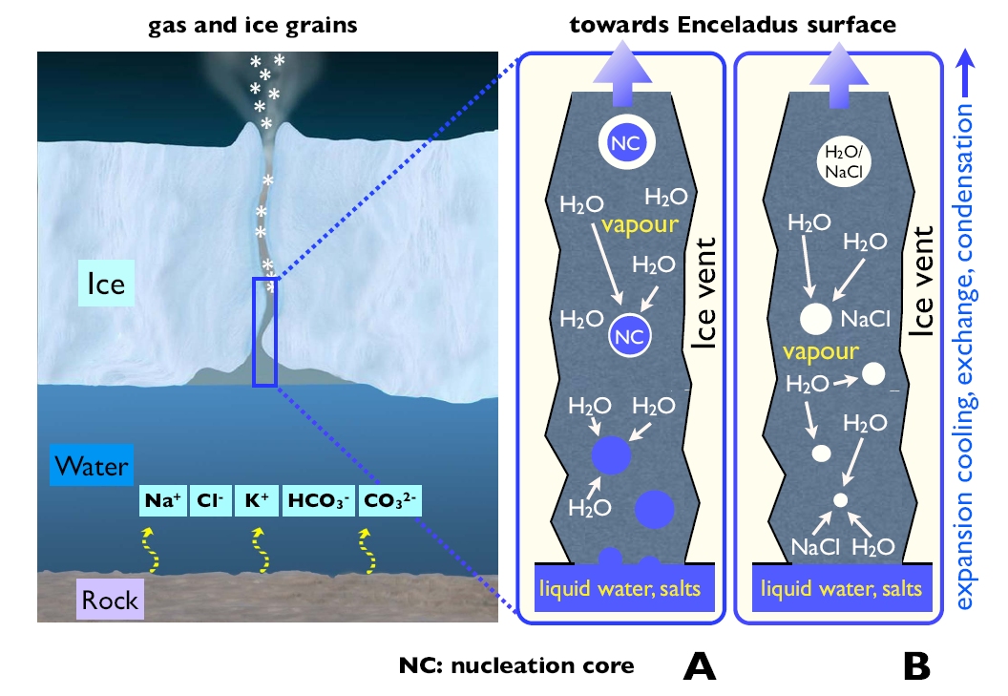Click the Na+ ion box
[162, 498]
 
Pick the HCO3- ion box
[319, 498]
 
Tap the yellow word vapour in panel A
[639, 228]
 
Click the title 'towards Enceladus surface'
[733, 25]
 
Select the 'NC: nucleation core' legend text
[516, 665]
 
